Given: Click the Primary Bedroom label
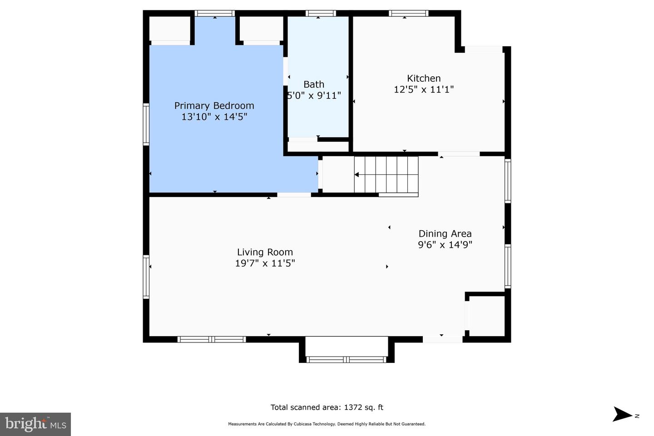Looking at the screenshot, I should pyautogui.click(x=214, y=106).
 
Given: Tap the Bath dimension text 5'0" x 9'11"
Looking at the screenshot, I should pyautogui.click(x=314, y=96).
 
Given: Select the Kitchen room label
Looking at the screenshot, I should pyautogui.click(x=423, y=78).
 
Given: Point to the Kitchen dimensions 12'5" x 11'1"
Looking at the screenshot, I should pyautogui.click(x=423, y=89).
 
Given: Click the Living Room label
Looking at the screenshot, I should pyautogui.click(x=265, y=252).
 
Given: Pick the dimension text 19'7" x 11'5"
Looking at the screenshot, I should pyautogui.click(x=265, y=263).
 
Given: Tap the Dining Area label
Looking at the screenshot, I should pyautogui.click(x=445, y=233).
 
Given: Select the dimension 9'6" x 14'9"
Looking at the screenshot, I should pyautogui.click(x=445, y=245).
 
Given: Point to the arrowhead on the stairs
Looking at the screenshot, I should pyautogui.click(x=357, y=174).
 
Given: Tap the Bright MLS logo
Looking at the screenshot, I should pyautogui.click(x=35, y=424).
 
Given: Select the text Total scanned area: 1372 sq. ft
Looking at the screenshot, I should pyautogui.click(x=327, y=407).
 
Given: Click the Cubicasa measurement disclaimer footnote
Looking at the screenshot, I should pyautogui.click(x=327, y=424).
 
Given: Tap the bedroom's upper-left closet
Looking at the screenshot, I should pyautogui.click(x=169, y=29).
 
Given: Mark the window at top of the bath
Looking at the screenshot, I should pyautogui.click(x=320, y=14).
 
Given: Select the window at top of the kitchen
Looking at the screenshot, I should pyautogui.click(x=409, y=14).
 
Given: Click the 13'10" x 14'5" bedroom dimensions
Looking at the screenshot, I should pyautogui.click(x=214, y=117).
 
